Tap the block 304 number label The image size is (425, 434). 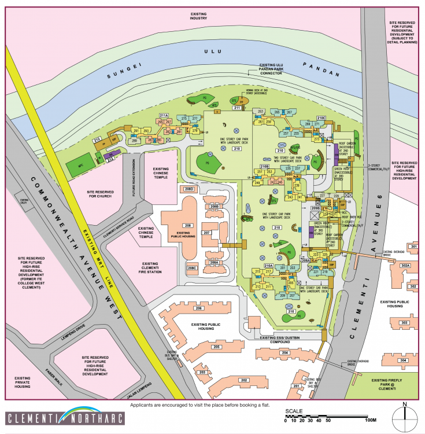[x=404, y=360]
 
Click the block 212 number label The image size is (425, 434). [x=97, y=139]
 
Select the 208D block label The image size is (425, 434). [x=190, y=190]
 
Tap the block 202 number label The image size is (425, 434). [x=244, y=380]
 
